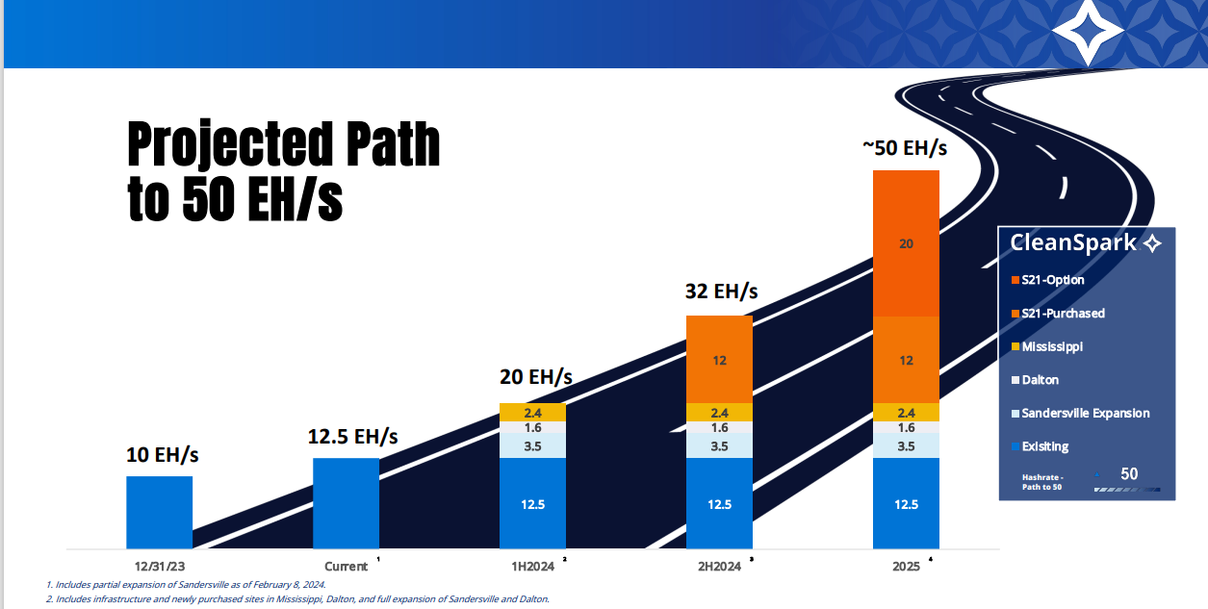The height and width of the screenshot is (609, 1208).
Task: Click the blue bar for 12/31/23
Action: [x=160, y=512]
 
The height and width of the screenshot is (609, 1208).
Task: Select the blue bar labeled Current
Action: [x=346, y=502]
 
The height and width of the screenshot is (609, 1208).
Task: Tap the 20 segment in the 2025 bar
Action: [x=906, y=243]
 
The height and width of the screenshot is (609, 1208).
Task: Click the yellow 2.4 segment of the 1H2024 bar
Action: [x=532, y=412]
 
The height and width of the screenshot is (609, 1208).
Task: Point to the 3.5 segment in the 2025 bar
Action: [x=906, y=445]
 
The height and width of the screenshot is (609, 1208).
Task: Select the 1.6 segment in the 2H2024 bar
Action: [x=719, y=427]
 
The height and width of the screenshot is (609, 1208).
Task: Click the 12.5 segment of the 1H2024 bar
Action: [x=532, y=503]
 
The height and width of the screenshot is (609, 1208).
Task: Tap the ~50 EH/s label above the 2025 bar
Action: [x=905, y=148]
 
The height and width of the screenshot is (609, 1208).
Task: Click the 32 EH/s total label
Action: [x=721, y=291]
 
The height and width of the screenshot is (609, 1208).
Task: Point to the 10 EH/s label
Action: [x=163, y=454]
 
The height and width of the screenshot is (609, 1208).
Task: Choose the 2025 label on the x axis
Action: [x=906, y=567]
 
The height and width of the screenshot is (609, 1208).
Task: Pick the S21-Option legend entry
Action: [x=1053, y=280]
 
